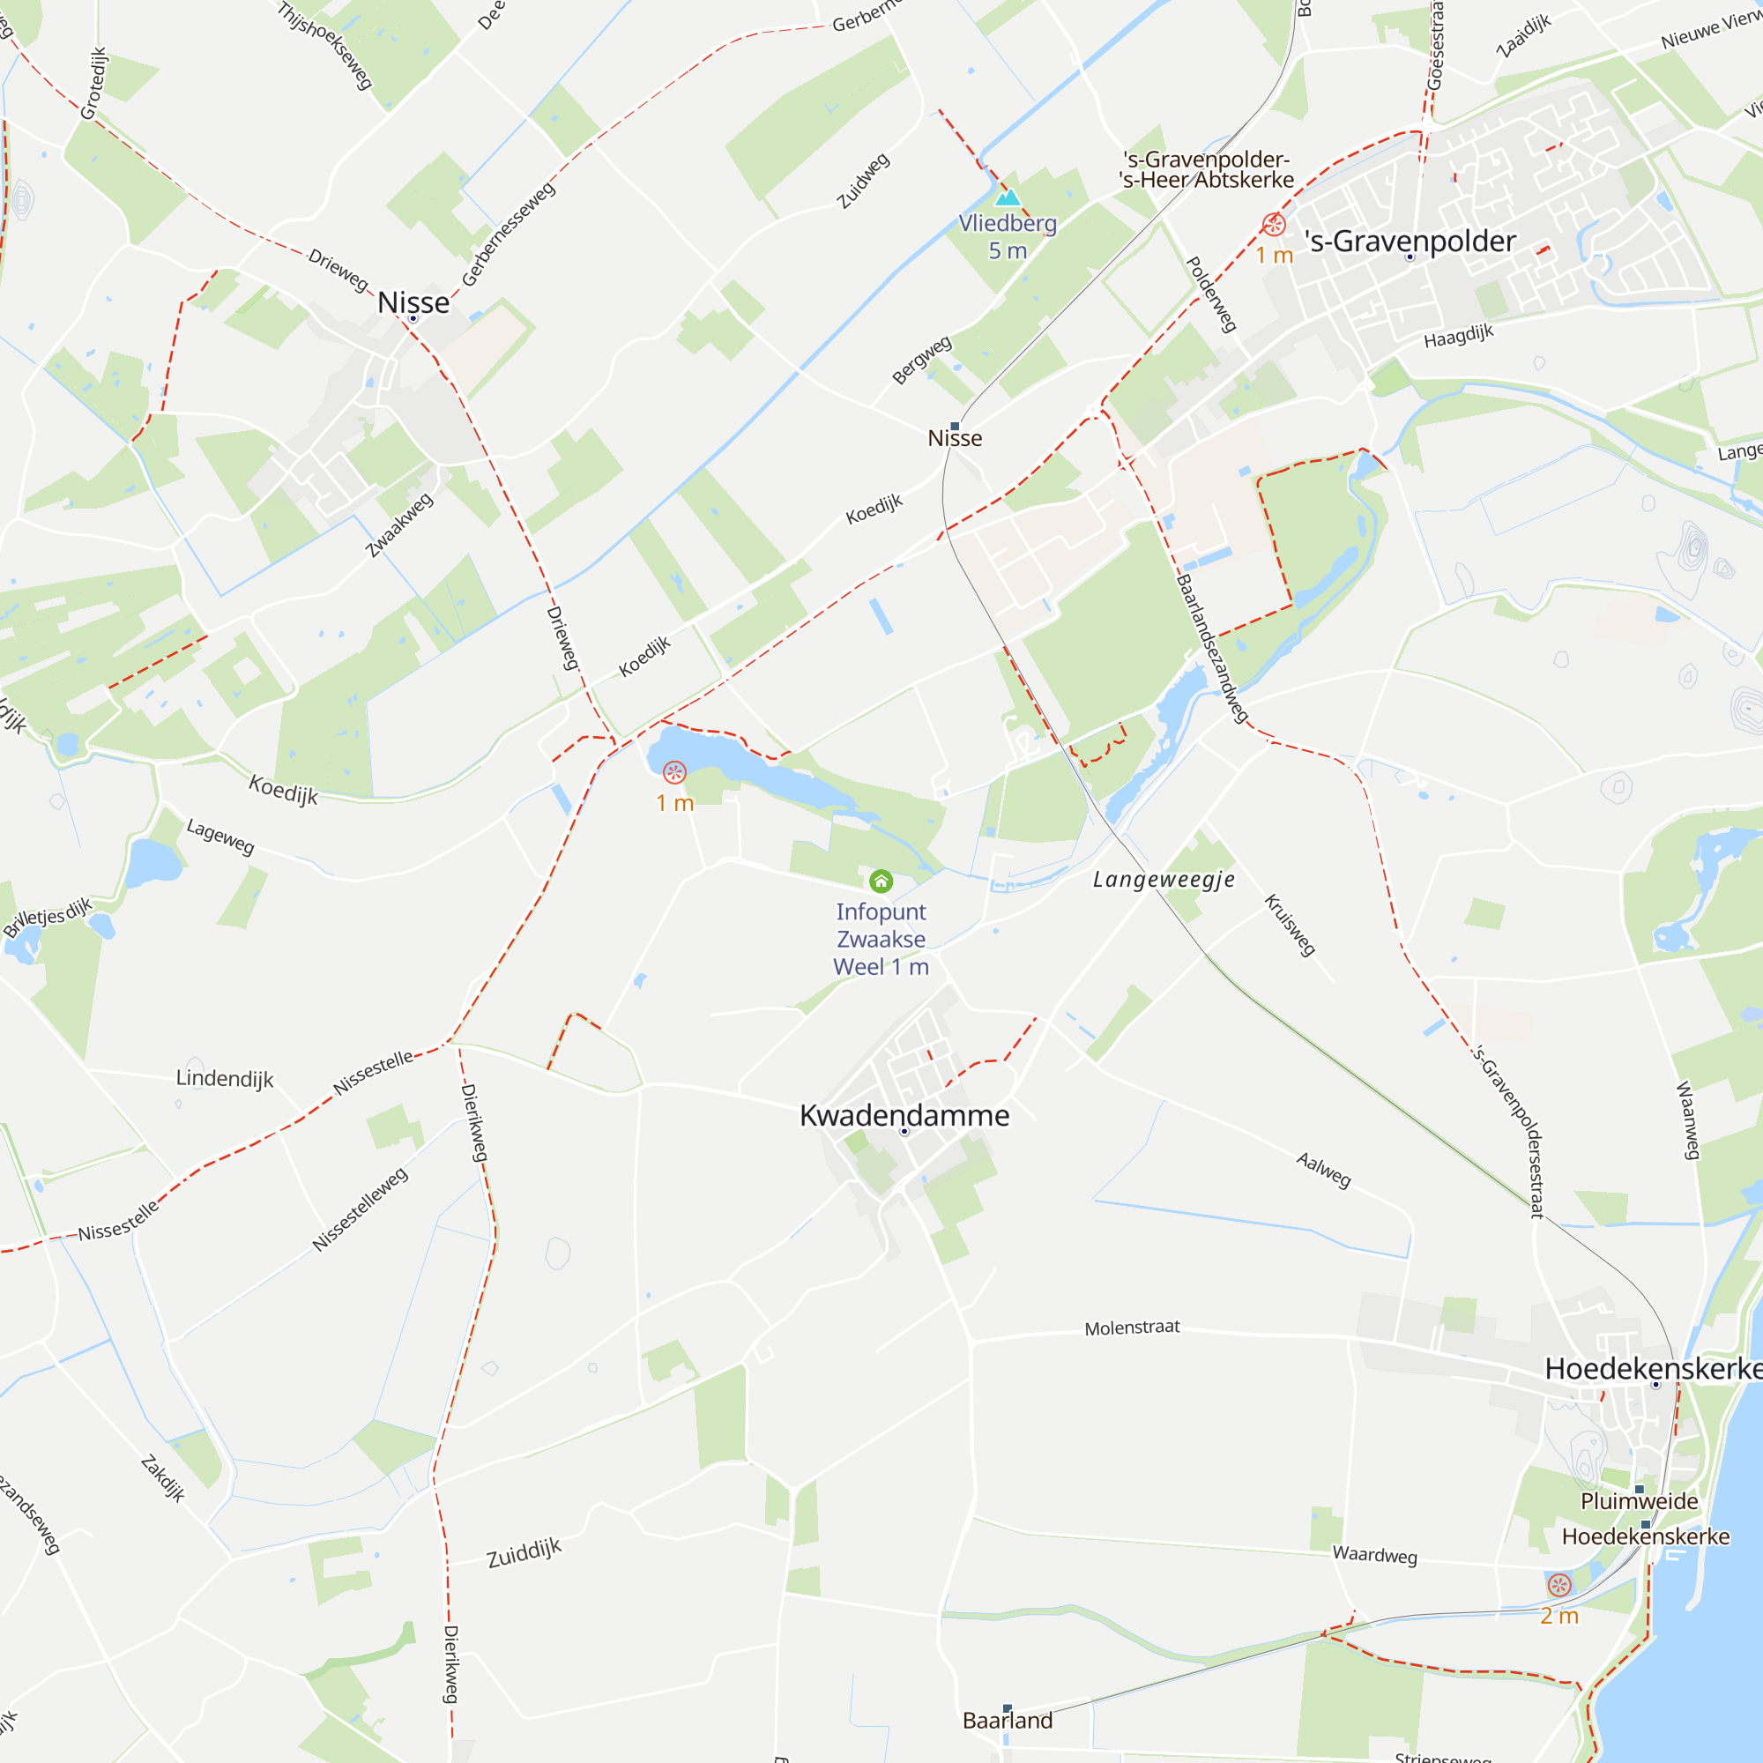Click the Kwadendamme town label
point(904,1115)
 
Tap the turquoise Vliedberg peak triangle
point(1008,197)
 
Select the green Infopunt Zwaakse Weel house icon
point(881,881)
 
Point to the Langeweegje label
point(1164,880)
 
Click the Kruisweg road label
point(1290,925)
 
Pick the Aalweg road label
point(1323,1170)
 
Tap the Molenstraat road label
point(1132,1328)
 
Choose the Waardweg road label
point(1374,1554)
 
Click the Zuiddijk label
point(524,1552)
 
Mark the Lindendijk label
point(225,1079)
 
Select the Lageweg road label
point(219,836)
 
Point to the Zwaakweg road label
point(398,524)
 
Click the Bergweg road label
point(922,360)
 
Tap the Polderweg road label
point(1211,294)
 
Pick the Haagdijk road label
point(1458,336)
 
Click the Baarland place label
point(1008,1720)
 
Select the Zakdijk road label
point(163,1478)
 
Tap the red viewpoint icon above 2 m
point(1559,1585)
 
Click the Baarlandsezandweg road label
point(1212,648)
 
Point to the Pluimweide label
point(1639,1501)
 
